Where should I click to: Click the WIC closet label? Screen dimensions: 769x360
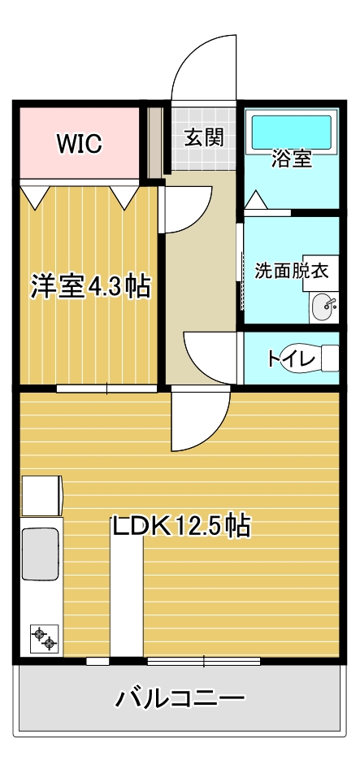coord(79,144)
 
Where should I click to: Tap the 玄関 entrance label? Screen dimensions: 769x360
coord(203,137)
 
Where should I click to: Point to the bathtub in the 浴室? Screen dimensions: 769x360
coord(291,131)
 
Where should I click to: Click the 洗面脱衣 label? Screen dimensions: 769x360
coord(291,271)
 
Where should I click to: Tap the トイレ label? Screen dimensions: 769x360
coord(284,358)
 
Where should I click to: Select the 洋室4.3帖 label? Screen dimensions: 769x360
coord(90,286)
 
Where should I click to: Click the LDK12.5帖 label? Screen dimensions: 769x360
coord(180,526)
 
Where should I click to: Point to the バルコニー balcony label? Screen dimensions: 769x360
coord(180,697)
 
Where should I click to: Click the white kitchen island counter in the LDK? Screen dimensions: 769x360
coord(127,597)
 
